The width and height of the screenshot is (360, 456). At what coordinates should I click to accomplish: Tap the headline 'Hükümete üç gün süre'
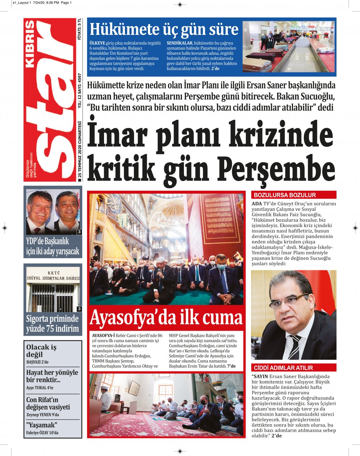[x=164, y=29]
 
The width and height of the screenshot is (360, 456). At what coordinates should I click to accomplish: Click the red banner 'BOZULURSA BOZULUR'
[x=285, y=195]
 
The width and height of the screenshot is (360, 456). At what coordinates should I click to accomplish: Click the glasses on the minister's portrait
[x=288, y=302]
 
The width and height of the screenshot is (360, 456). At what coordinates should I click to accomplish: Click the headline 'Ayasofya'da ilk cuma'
[x=166, y=318]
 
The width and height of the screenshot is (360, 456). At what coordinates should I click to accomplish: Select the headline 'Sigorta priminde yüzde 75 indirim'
[x=53, y=324]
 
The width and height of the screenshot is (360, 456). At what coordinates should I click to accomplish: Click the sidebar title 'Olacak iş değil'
[x=41, y=351]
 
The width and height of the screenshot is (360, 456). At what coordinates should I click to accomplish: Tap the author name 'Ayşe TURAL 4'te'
[x=40, y=388]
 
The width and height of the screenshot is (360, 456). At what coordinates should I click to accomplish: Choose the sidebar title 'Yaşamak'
[x=42, y=425]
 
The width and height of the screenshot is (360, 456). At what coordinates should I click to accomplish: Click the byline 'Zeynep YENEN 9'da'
[x=42, y=415]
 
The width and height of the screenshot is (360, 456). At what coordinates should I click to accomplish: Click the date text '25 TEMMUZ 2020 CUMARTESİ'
[x=80, y=152]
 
